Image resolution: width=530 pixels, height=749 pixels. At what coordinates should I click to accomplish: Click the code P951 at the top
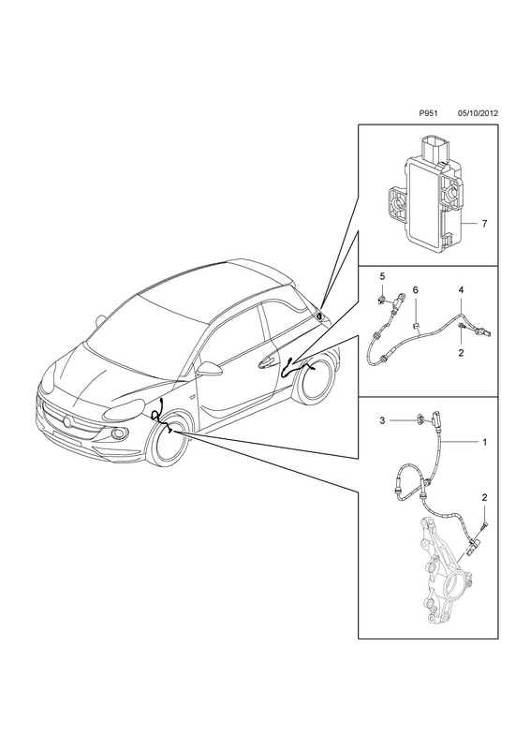click(x=428, y=113)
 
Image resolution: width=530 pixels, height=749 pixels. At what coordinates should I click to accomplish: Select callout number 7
click(x=485, y=224)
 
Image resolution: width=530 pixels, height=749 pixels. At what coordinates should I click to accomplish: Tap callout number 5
click(x=382, y=276)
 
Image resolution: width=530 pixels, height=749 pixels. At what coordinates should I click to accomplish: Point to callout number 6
click(x=416, y=290)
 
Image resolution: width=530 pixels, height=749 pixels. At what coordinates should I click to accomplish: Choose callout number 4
click(x=461, y=290)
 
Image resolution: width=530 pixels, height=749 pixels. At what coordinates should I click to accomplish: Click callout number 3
click(x=382, y=420)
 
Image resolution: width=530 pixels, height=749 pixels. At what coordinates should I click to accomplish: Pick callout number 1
click(x=485, y=442)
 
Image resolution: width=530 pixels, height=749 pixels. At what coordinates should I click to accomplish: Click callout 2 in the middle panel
click(x=461, y=353)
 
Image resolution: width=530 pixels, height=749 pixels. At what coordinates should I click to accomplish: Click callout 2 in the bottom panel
click(x=485, y=497)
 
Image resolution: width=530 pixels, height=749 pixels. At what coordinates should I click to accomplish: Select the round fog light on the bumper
click(x=118, y=433)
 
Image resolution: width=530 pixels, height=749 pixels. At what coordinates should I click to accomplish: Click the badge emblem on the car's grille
click(x=67, y=421)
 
